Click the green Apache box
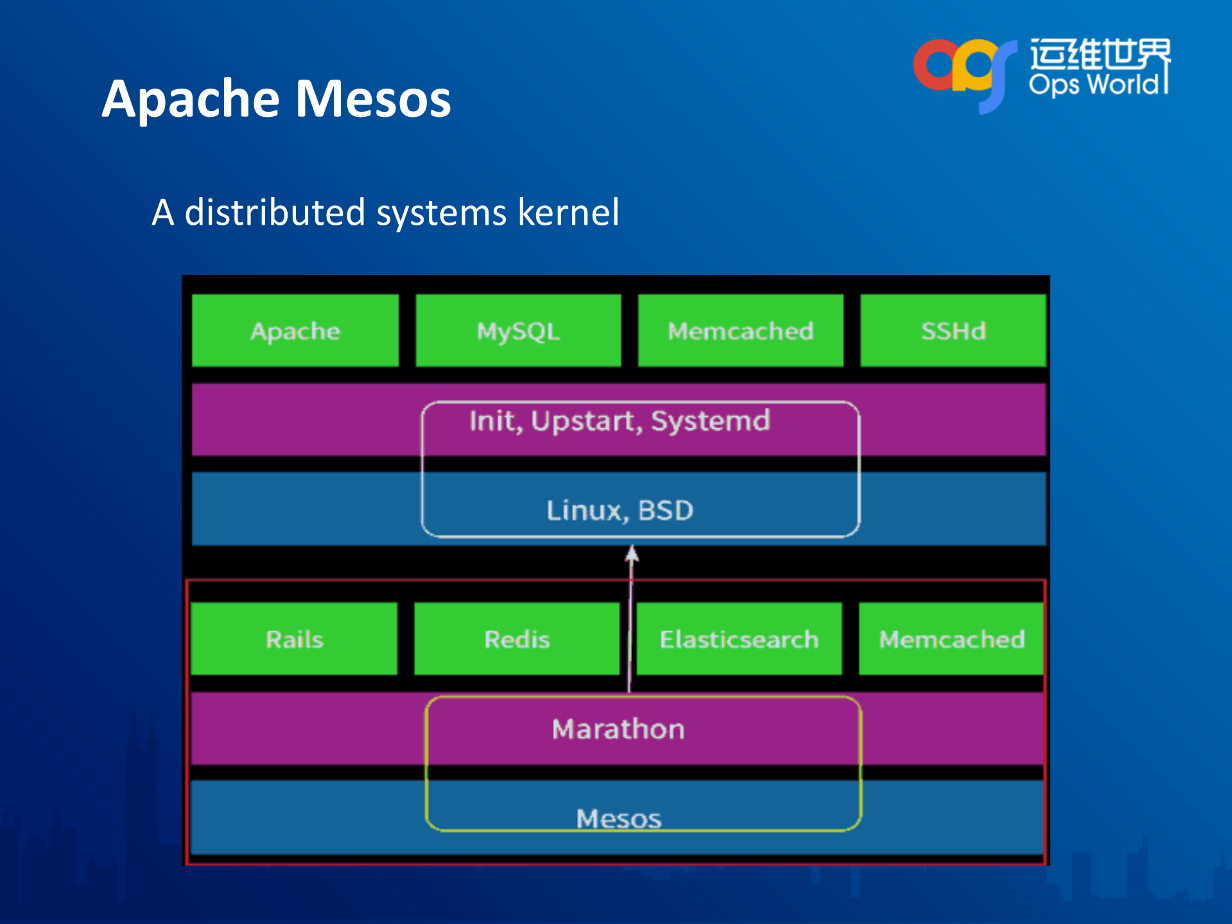pyautogui.click(x=295, y=331)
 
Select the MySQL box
pyautogui.click(x=518, y=331)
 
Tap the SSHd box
pyautogui.click(x=953, y=331)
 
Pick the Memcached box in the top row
pyautogui.click(x=740, y=331)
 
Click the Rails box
pyautogui.click(x=294, y=639)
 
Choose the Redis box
pyautogui.click(x=517, y=639)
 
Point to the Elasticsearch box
pyautogui.click(x=739, y=639)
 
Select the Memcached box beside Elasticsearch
pyautogui.click(x=951, y=639)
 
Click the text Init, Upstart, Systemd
pyautogui.click(x=620, y=421)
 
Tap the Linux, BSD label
pyautogui.click(x=620, y=510)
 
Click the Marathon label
pyautogui.click(x=618, y=729)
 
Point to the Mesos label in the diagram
pyautogui.click(x=618, y=819)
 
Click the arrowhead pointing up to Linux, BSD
pyautogui.click(x=632, y=554)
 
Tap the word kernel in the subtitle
pyautogui.click(x=568, y=213)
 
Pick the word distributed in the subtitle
pyautogui.click(x=275, y=213)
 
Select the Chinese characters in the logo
pyautogui.click(x=1100, y=54)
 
